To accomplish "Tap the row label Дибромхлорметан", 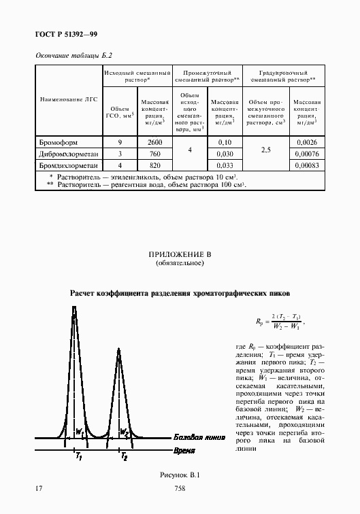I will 67,153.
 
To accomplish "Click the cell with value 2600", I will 154,142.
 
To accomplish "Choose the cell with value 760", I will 154,153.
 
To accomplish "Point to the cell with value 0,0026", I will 306,142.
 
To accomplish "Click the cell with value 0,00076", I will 306,153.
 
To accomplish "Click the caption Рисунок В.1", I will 180,475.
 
